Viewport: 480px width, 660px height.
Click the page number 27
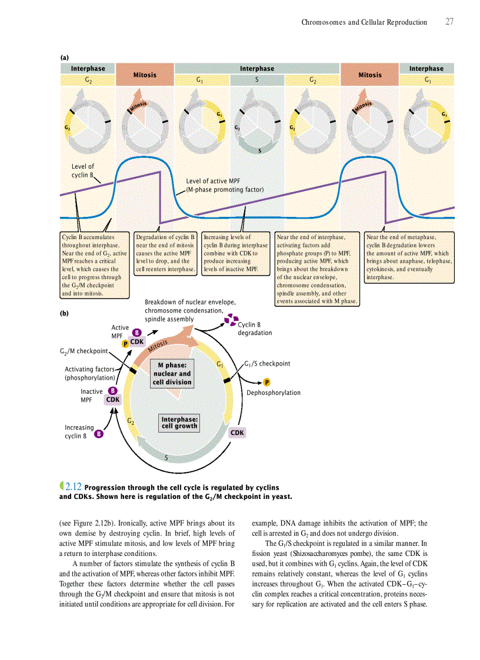(x=449, y=22)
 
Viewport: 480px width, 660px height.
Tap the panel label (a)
(x=64, y=58)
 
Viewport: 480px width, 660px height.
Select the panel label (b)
(x=64, y=313)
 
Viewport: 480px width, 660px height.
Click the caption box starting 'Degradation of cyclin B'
(x=165, y=253)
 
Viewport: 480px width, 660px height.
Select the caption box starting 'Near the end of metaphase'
(x=409, y=256)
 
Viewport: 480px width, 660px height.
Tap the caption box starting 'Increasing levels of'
(x=235, y=253)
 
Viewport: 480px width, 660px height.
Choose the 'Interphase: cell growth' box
(x=179, y=423)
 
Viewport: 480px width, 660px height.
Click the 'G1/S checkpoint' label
(x=268, y=364)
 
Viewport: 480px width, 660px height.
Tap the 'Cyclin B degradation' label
(x=255, y=329)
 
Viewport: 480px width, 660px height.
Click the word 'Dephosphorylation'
(x=274, y=393)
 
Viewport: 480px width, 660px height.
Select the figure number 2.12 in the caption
(x=74, y=487)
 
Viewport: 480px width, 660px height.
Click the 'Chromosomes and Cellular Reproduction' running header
(x=364, y=22)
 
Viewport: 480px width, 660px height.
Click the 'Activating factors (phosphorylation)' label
(x=89, y=373)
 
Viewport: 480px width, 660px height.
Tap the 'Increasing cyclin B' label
(x=79, y=432)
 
